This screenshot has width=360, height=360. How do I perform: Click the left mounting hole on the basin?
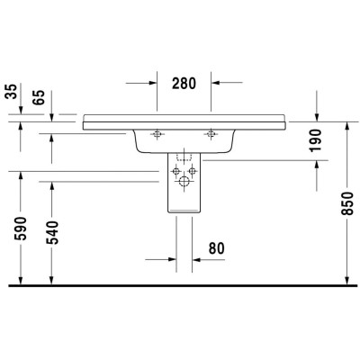pos(157,136)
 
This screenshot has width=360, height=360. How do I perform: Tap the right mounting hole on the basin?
pos(212,136)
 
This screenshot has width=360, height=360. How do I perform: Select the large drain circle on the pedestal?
pos(184,183)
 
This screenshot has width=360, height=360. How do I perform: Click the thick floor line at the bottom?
pos(180,285)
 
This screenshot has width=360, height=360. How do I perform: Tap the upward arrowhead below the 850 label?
pos(348,278)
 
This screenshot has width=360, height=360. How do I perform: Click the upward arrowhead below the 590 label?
pos(19,278)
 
